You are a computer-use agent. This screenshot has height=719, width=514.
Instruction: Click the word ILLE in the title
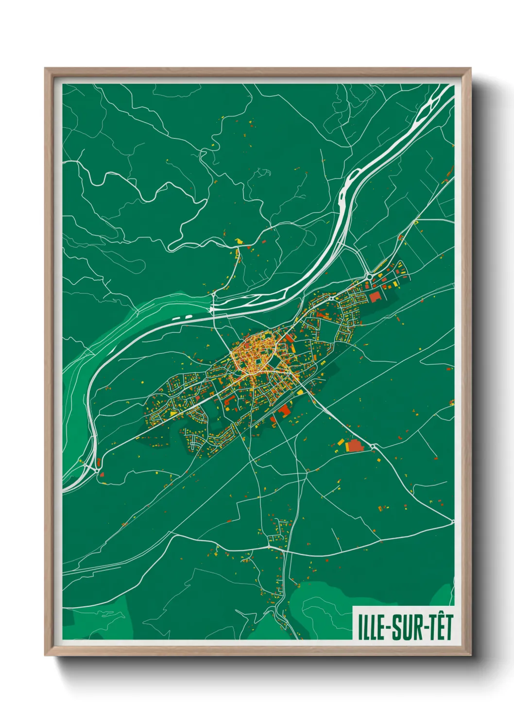[371, 627]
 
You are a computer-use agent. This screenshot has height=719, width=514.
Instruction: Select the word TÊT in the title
[440, 627]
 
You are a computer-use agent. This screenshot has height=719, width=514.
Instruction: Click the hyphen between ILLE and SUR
[387, 628]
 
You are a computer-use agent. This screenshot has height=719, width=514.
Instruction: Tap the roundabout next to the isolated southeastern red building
[373, 445]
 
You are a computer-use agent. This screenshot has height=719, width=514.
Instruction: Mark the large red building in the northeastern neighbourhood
[374, 297]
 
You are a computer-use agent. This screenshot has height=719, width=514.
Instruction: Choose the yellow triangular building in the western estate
[173, 413]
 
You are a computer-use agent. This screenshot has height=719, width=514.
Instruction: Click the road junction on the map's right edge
[452, 522]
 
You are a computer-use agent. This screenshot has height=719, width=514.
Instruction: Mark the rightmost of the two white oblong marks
[188, 317]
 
